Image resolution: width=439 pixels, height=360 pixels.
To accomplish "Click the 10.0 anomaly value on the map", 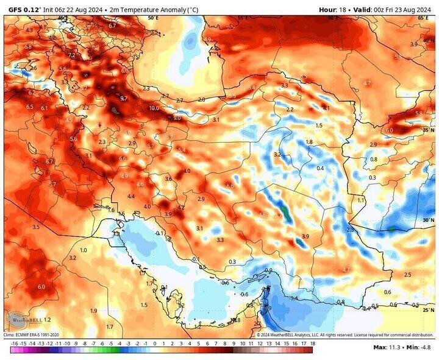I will point(154,108).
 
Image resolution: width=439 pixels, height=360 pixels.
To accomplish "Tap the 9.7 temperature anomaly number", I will point(124,98).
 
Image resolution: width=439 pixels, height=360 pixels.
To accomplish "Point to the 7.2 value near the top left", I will point(71,55).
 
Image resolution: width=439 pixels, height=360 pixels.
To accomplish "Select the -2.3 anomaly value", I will point(349,230).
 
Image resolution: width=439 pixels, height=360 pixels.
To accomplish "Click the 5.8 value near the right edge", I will point(418,114).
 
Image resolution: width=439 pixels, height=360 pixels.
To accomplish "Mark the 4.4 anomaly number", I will point(131,196).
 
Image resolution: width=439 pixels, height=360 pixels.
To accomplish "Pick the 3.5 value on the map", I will point(36,227).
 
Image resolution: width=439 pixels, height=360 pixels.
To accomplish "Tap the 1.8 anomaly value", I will point(309,142).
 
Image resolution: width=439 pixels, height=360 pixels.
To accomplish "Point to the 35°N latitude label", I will point(427,130).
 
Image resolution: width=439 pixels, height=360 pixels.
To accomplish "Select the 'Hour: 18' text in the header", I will point(335,9).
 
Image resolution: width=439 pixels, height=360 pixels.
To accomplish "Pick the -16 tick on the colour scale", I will point(13,344).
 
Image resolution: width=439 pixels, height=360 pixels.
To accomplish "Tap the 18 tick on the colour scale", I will point(312,344).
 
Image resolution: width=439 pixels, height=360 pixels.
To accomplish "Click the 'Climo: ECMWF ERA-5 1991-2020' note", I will point(32,335).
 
